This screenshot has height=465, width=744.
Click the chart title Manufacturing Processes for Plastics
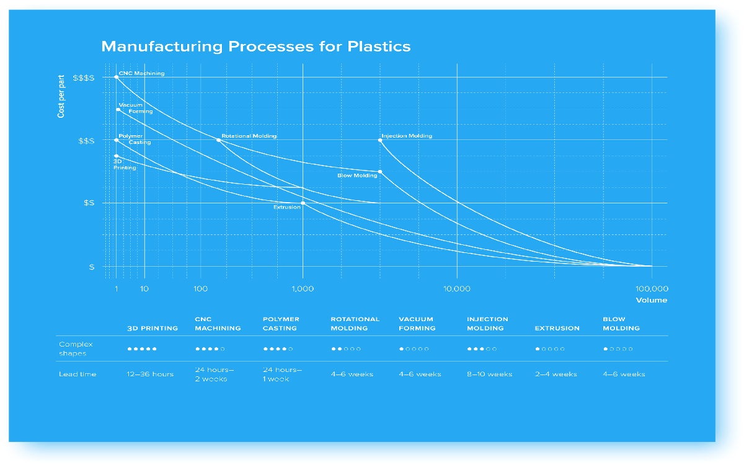(255, 46)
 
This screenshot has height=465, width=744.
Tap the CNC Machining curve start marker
(117, 77)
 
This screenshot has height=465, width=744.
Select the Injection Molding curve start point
(380, 140)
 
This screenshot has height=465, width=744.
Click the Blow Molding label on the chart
(357, 175)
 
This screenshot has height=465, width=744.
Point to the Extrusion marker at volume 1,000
(303, 203)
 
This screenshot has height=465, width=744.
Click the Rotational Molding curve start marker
(218, 140)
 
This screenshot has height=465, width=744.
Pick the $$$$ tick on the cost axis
(84, 78)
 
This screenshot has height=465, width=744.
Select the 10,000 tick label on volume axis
(457, 289)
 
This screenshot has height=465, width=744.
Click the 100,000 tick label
(652, 289)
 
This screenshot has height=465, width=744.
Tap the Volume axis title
(652, 300)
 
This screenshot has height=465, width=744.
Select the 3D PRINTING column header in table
(153, 328)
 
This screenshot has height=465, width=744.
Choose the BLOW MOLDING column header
(621, 324)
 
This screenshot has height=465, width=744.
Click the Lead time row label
(77, 374)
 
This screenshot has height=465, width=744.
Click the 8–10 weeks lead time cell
(490, 374)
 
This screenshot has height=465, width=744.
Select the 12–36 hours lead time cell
(150, 374)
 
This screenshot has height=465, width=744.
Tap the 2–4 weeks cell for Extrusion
(556, 374)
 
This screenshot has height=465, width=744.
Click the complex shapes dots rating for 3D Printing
(142, 349)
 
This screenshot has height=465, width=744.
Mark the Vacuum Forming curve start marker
(118, 109)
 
